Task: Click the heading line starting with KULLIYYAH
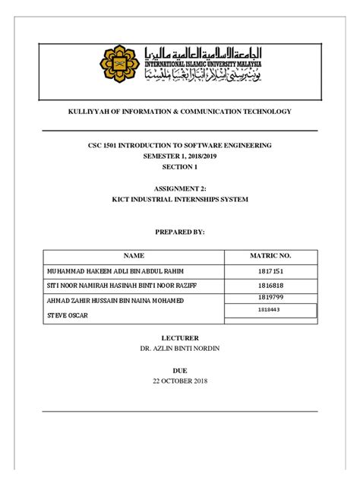[x=179, y=112]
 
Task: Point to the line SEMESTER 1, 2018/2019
[x=179, y=156]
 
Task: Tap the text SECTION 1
[x=179, y=166]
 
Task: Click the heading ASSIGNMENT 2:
[x=179, y=189]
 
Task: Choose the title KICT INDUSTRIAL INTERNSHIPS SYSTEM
[x=179, y=200]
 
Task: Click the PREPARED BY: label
[x=179, y=233]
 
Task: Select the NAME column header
[x=134, y=256]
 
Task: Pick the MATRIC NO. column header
[x=270, y=256]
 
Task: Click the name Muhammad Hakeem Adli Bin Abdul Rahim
[x=115, y=271]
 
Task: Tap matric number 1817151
[x=270, y=271]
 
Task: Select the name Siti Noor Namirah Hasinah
[x=120, y=286]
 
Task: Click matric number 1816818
[x=270, y=286]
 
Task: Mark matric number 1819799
[x=270, y=298]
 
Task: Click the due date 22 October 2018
[x=179, y=381]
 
